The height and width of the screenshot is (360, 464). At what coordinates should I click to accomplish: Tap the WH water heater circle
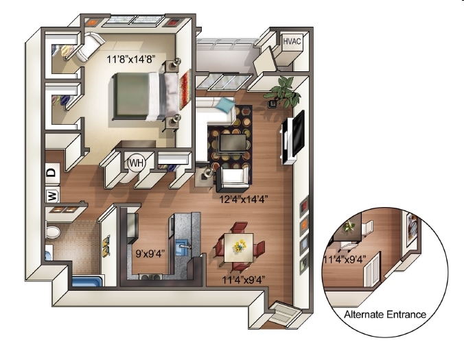tap(136, 163)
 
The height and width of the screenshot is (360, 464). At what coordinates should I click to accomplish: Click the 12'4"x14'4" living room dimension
tap(243, 200)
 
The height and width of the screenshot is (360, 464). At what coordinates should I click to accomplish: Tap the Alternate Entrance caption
tap(384, 315)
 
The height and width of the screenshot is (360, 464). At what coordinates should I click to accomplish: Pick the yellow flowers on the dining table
tap(241, 244)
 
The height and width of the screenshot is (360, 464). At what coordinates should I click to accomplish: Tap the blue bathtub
tap(86, 281)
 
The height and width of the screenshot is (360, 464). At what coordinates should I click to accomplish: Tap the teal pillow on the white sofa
tap(225, 105)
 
